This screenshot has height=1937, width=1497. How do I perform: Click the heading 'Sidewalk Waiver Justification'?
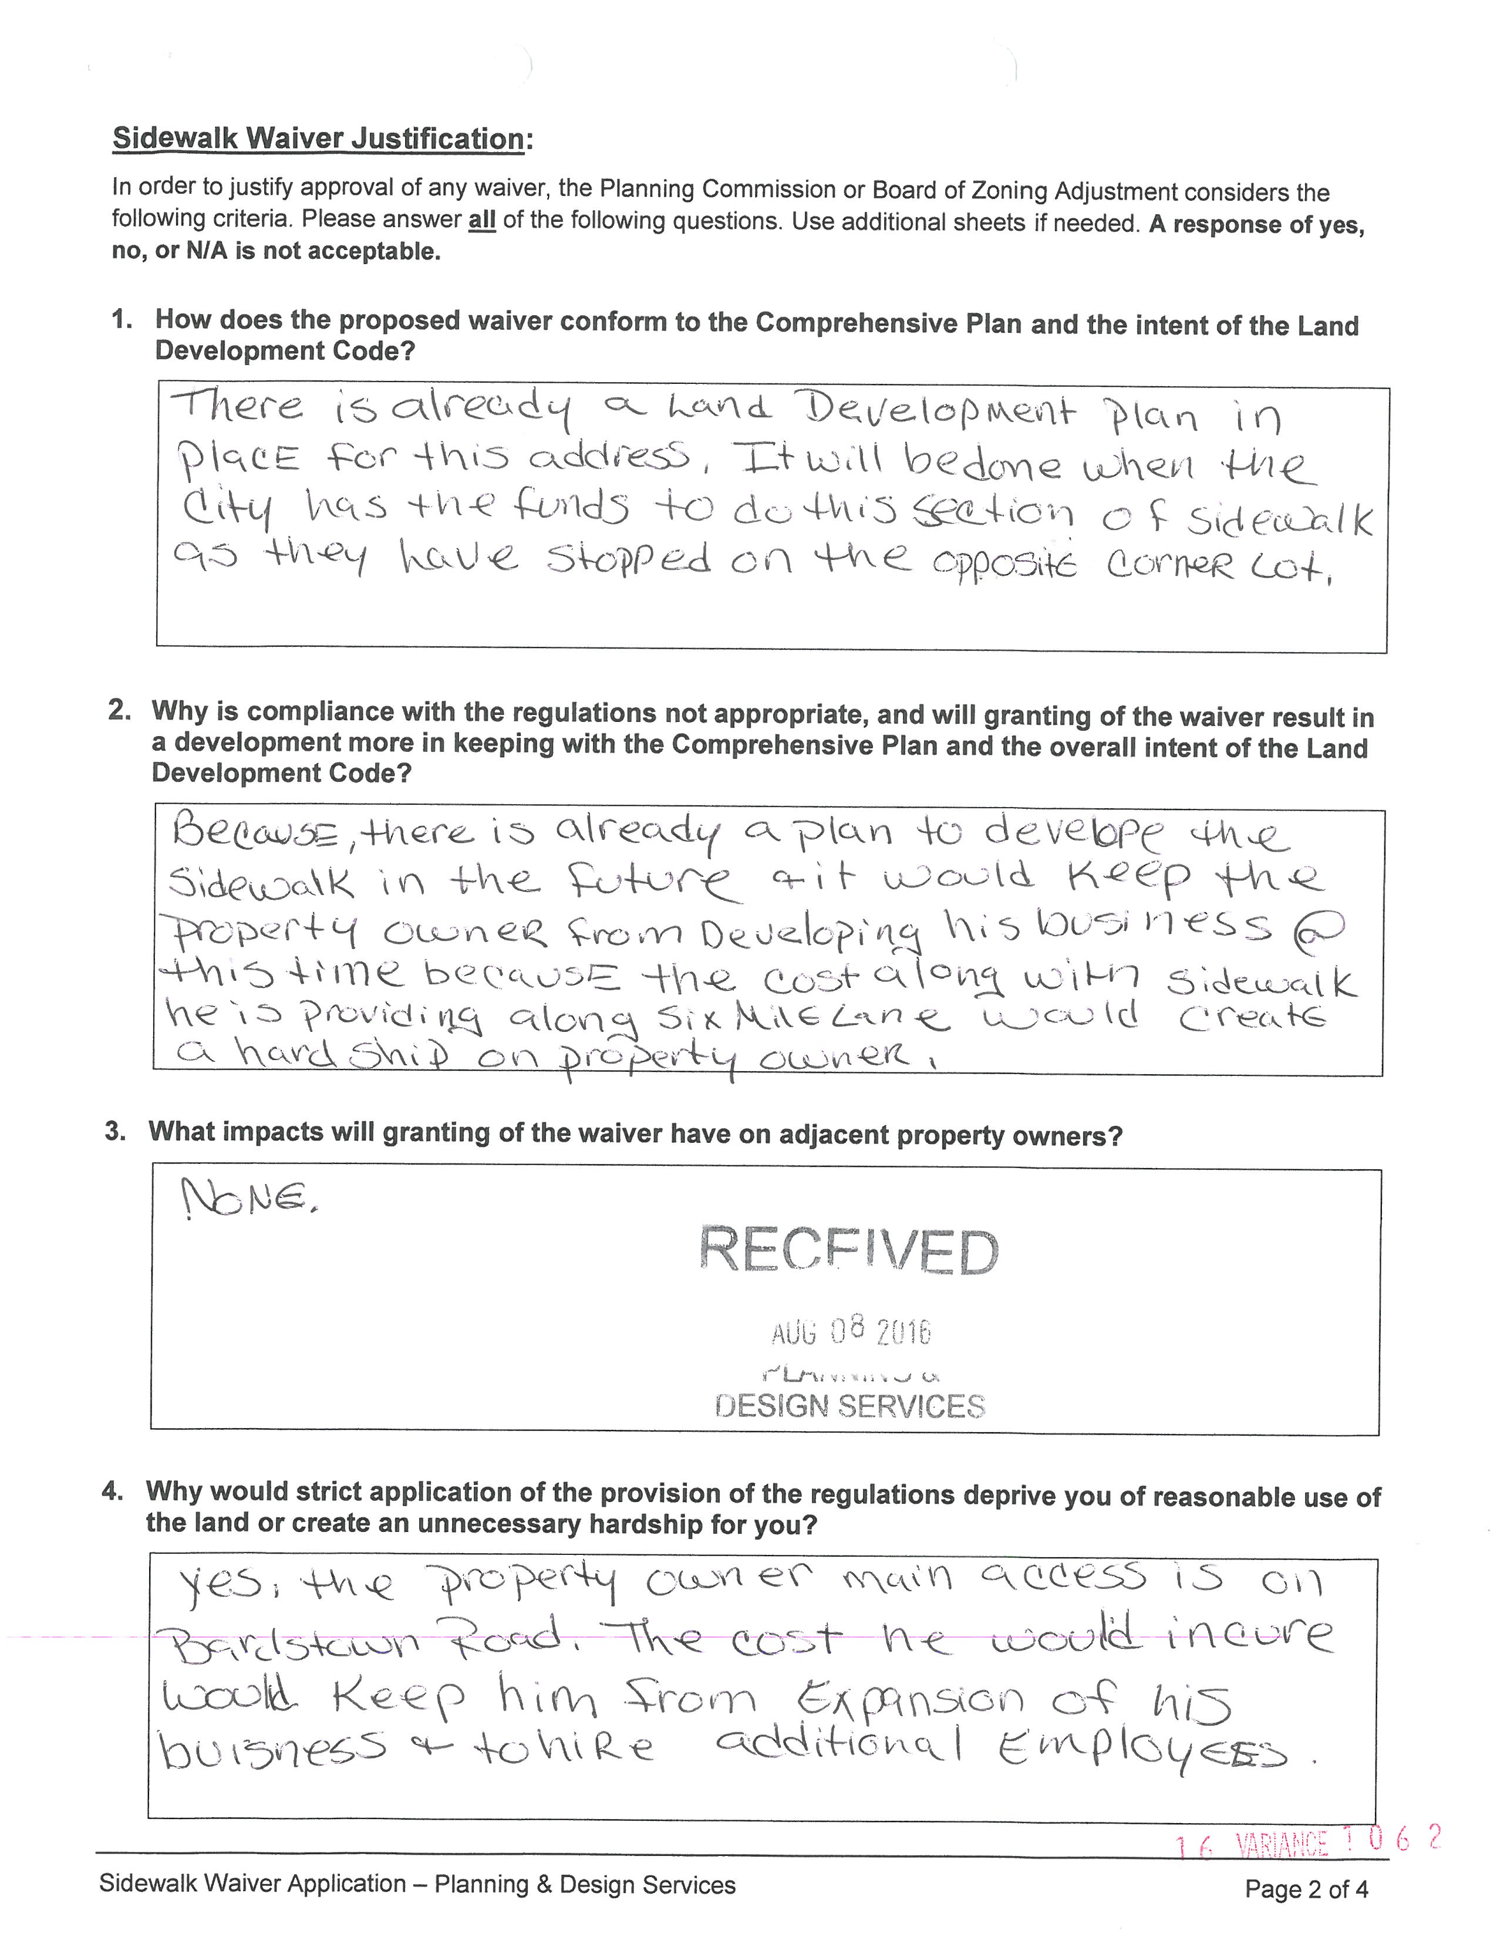pos(318,139)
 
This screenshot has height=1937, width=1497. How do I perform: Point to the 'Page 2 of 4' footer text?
pos(1306,1889)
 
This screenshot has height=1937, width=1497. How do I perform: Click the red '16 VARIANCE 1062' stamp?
pos(1308,1842)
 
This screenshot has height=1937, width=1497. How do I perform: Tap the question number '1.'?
pos(122,320)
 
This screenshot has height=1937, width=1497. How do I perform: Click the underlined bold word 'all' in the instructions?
pos(481,220)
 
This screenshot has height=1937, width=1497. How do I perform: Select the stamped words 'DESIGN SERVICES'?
pos(849,1406)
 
